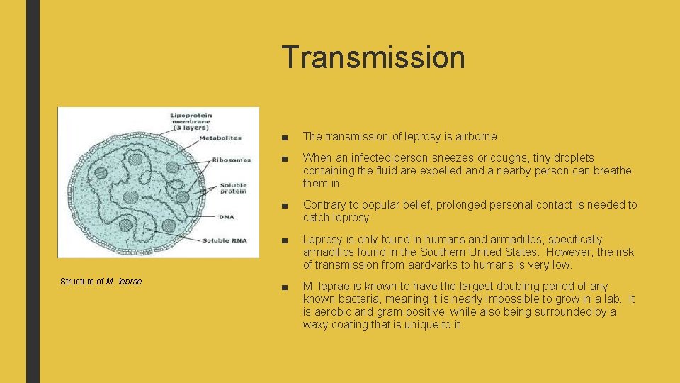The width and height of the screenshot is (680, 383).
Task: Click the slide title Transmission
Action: pyautogui.click(x=373, y=57)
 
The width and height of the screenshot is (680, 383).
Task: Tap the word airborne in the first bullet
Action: pyautogui.click(x=474, y=135)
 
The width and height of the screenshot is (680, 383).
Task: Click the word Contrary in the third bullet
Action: pyautogui.click(x=324, y=205)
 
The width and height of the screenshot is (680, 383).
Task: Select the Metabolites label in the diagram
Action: pyautogui.click(x=219, y=138)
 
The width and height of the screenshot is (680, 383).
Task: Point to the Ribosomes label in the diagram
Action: pyautogui.click(x=231, y=160)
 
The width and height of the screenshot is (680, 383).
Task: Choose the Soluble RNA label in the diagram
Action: pyautogui.click(x=225, y=240)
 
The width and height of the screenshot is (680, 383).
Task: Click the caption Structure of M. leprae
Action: pyautogui.click(x=101, y=282)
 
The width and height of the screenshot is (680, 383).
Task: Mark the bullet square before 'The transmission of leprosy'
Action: pyautogui.click(x=283, y=136)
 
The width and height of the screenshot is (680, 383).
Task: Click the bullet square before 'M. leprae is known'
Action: pyautogui.click(x=283, y=287)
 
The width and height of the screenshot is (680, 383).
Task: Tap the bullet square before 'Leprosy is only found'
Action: pyautogui.click(x=283, y=240)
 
